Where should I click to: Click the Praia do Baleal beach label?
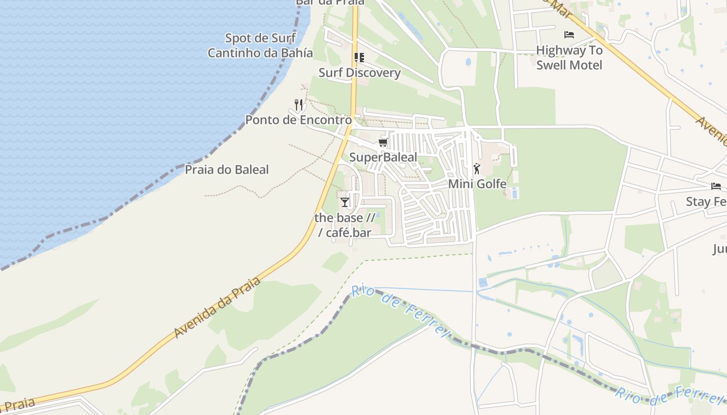pos(227,170)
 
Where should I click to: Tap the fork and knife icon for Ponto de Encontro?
pos(298,105)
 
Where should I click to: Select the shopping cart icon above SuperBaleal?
pos(383,142)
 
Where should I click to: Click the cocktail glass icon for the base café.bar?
pos(345,202)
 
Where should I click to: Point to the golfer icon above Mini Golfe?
pos(477,169)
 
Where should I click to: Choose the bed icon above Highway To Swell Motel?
pos(569,35)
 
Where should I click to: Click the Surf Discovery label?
pos(359,73)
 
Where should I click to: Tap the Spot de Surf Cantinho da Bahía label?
pos(260,46)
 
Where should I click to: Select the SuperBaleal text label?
pos(383,157)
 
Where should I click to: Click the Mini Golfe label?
pos(477,184)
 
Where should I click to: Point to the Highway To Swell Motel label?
pos(569,58)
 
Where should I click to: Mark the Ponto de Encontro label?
pos(298,120)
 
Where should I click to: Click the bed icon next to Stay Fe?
pos(716,186)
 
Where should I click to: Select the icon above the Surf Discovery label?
pos(359,57)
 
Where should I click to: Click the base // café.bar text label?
pos(345,225)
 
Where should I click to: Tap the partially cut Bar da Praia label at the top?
pos(330,2)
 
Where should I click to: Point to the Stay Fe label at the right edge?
pos(706,202)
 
